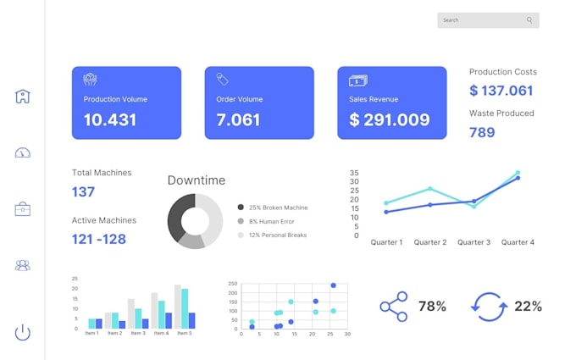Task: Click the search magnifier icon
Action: pyautogui.click(x=529, y=20)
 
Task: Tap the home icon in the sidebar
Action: pyautogui.click(x=23, y=97)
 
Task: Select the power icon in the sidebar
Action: pyautogui.click(x=23, y=332)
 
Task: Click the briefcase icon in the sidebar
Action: pyautogui.click(x=23, y=209)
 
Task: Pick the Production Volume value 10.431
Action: pyautogui.click(x=110, y=119)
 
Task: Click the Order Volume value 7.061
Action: pyautogui.click(x=238, y=119)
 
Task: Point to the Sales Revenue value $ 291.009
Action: pyautogui.click(x=390, y=119)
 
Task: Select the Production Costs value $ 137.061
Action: pyautogui.click(x=501, y=91)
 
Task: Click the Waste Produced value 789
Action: pyautogui.click(x=482, y=132)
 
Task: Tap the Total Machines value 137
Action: pyautogui.click(x=83, y=191)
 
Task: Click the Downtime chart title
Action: pyautogui.click(x=197, y=180)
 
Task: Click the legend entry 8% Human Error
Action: pyautogui.click(x=272, y=221)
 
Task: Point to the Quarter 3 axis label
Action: pyautogui.click(x=474, y=242)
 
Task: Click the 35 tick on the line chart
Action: pyautogui.click(x=354, y=172)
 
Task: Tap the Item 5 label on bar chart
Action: pyautogui.click(x=185, y=333)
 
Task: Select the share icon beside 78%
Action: pyautogui.click(x=393, y=307)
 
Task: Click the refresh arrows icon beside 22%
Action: pyautogui.click(x=490, y=307)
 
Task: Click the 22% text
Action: pyautogui.click(x=528, y=307)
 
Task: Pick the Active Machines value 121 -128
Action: pyautogui.click(x=98, y=239)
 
